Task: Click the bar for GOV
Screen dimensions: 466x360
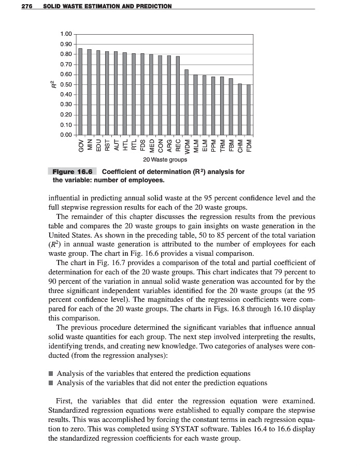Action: pyautogui.click(x=80, y=92)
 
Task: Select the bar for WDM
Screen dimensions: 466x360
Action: pyautogui.click(x=186, y=102)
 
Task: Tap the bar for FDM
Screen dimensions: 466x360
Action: pyautogui.click(x=249, y=110)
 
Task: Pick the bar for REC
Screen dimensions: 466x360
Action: pyautogui.click(x=178, y=96)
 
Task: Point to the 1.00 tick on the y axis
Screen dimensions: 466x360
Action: pyautogui.click(x=66, y=34)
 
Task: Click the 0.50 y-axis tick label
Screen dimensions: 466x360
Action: pyautogui.click(x=66, y=84)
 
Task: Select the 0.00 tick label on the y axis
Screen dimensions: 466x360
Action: pyautogui.click(x=66, y=135)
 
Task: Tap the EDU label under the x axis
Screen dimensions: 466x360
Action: pyautogui.click(x=98, y=143)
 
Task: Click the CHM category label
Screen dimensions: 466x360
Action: pyautogui.click(x=240, y=143)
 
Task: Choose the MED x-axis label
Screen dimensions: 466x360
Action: pyautogui.click(x=152, y=143)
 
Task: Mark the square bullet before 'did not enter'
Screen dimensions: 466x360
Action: pyautogui.click(x=51, y=383)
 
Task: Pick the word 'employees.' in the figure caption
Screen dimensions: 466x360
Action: pyautogui.click(x=148, y=180)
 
